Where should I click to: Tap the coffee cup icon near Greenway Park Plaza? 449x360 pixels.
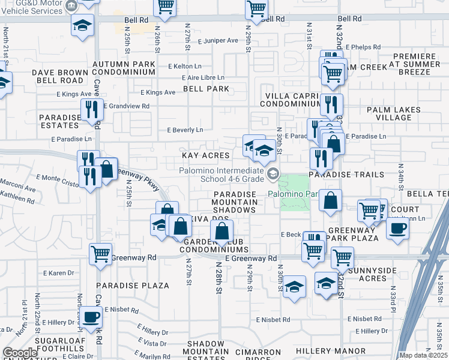pyautogui.click(x=397, y=228)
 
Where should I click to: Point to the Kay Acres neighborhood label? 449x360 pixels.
pyautogui.click(x=206, y=155)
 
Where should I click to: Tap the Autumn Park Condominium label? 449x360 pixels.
pyautogui.click(x=124, y=67)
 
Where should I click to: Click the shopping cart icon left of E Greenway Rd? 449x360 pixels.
pyautogui.click(x=100, y=253)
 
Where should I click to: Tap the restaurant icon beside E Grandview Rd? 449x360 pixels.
pyautogui.click(x=91, y=109)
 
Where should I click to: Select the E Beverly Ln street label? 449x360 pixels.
pyautogui.click(x=185, y=130)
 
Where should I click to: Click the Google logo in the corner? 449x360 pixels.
pyautogui.click(x=20, y=353)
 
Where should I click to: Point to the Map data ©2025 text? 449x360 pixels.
pyautogui.click(x=424, y=356)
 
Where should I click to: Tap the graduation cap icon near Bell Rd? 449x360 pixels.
pyautogui.click(x=83, y=25)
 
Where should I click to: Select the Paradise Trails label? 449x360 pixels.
pyautogui.click(x=346, y=175)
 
